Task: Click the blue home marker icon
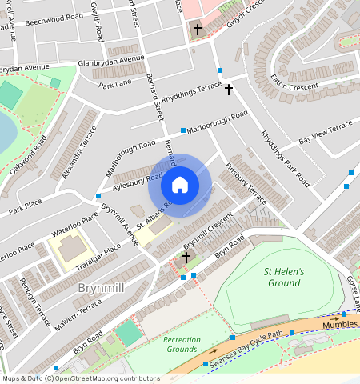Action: (x=180, y=186)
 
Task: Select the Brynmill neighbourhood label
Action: (x=100, y=286)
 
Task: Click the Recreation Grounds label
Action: (x=182, y=344)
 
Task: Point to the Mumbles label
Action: (x=340, y=326)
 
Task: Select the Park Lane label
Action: (x=114, y=83)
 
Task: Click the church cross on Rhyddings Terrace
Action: (x=228, y=89)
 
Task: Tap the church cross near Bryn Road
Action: (x=186, y=258)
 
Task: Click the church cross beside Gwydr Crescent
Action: (x=197, y=29)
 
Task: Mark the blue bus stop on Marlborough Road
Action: (x=183, y=130)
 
